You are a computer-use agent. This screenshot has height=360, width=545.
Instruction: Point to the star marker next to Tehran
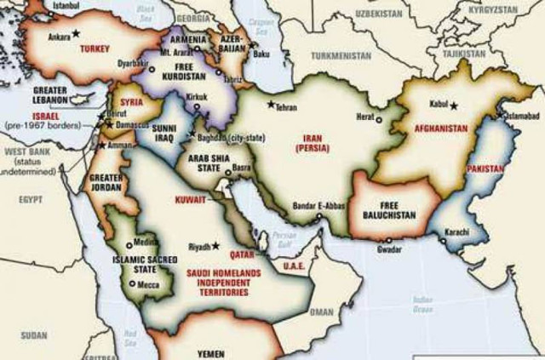[272, 105]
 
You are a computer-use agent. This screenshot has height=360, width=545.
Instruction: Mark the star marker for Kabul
[455, 106]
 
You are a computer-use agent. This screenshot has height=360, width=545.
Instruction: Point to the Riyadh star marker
[215, 246]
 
